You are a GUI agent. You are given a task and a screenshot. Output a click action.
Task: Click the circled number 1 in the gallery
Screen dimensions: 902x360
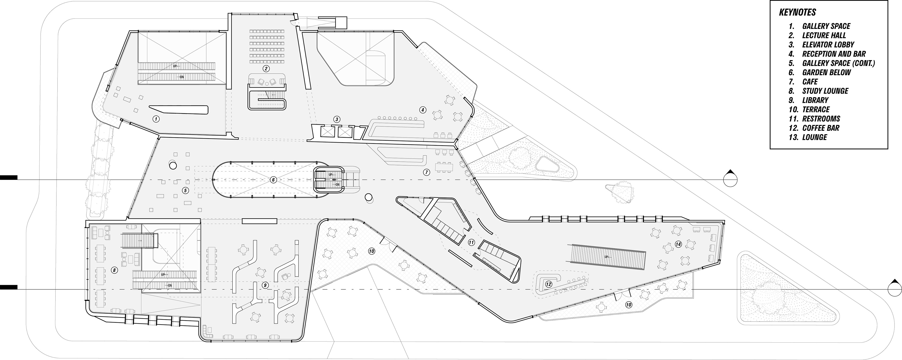click(156, 119)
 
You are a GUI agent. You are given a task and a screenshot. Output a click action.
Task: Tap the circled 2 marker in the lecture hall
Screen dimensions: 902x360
click(266, 69)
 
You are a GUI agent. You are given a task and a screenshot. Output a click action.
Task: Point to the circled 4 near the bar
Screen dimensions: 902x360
click(423, 110)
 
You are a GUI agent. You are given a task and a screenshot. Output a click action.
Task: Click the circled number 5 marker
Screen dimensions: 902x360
click(186, 190)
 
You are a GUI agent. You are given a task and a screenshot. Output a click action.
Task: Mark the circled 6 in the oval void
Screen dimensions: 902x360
click(273, 180)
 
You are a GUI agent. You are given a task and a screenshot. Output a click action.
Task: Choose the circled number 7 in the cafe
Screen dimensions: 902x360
click(426, 172)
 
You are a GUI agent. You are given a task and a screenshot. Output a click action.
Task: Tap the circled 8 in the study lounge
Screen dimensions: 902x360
click(114, 270)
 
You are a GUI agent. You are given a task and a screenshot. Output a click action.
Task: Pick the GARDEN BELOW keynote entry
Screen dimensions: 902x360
click(826, 73)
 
